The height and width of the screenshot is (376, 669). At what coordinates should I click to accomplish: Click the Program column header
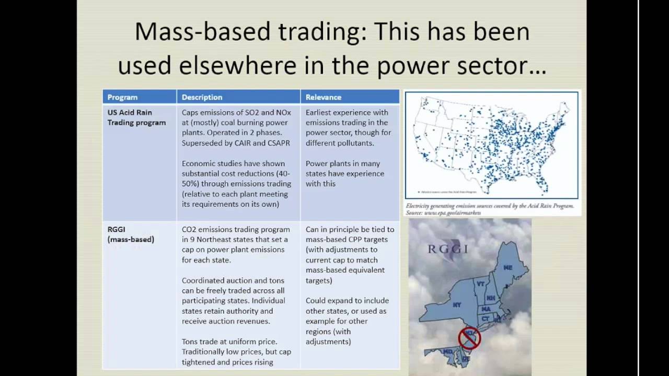coord(122,97)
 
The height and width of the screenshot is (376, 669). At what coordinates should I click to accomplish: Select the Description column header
coord(202,97)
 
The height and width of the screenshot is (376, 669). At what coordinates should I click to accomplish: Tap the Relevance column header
coord(323,97)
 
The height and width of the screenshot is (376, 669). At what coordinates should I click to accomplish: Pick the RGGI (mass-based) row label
coord(131,234)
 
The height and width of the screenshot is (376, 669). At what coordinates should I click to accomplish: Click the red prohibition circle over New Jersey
coord(469,338)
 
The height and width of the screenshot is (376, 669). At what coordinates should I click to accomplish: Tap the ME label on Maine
coord(507,267)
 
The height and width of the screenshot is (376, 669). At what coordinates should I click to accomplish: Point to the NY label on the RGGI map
coord(457,304)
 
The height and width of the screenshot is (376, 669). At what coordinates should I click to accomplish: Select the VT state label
coord(481,285)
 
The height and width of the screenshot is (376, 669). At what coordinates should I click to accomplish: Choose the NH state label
coord(491,298)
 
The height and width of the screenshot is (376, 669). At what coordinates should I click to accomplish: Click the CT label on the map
coord(486,319)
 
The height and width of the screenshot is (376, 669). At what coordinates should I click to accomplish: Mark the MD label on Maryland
coord(448,352)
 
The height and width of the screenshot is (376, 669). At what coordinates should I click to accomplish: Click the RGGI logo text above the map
coord(448,249)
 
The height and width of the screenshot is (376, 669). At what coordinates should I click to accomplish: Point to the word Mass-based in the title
coord(201,32)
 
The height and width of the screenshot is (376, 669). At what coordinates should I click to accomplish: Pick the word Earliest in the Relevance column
coord(320,112)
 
